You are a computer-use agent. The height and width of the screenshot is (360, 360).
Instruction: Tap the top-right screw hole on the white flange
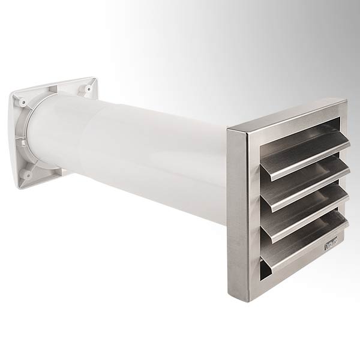88,89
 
